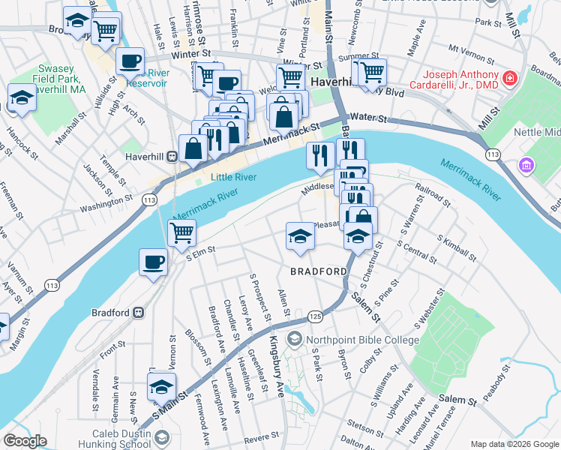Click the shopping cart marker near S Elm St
(x=181, y=233)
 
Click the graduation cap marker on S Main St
(x=160, y=388)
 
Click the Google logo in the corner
(x=25, y=441)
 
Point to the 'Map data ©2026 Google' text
(x=514, y=444)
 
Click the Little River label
(x=232, y=177)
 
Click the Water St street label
(x=367, y=118)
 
